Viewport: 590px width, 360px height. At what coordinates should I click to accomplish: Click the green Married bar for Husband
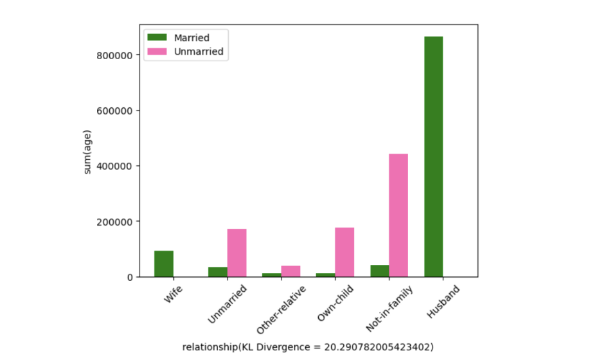tap(434, 157)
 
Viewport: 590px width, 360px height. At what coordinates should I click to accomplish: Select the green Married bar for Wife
tap(164, 264)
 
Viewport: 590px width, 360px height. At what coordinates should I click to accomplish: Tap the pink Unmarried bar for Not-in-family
tap(398, 215)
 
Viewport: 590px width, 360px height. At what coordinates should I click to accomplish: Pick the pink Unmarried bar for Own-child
tap(344, 252)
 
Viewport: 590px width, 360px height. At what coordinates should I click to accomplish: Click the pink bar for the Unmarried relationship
tap(237, 253)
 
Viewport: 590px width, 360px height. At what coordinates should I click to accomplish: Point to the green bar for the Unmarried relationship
tap(218, 272)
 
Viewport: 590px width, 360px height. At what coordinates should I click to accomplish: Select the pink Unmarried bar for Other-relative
tap(291, 271)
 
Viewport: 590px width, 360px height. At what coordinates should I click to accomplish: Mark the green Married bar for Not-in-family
tap(380, 271)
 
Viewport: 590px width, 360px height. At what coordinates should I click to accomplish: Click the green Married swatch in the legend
tap(155, 38)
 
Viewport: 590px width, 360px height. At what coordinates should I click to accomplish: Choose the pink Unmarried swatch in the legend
tap(155, 51)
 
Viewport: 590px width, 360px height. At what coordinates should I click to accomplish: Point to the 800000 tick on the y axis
tap(114, 55)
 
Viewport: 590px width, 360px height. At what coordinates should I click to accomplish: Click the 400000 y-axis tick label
tap(114, 166)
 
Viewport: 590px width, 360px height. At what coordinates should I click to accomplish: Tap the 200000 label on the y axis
tap(114, 222)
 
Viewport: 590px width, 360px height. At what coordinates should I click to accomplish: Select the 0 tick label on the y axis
tap(129, 277)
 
